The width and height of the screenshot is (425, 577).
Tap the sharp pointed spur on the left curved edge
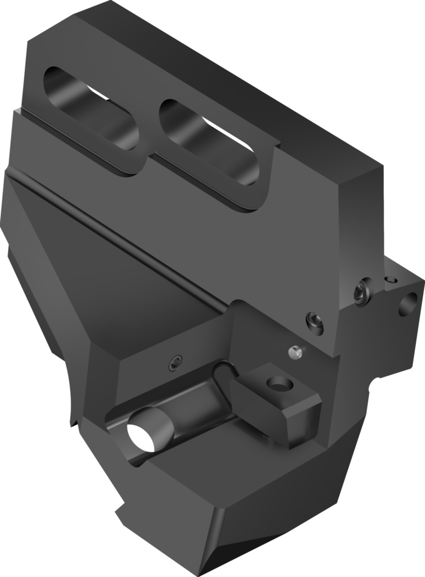coord(74,424)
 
